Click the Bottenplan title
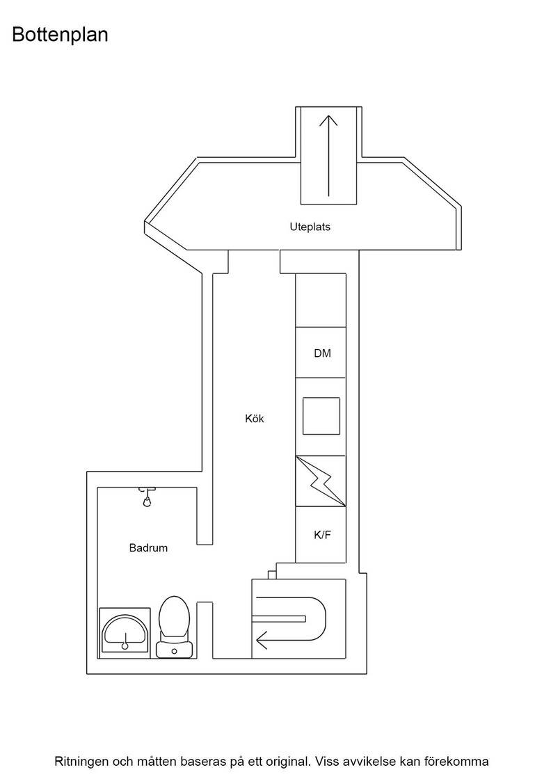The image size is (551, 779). click(60, 35)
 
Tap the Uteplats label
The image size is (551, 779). click(310, 227)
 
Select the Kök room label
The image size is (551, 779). click(255, 418)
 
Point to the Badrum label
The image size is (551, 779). click(148, 548)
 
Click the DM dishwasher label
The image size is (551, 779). click(322, 353)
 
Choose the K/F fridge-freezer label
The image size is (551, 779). click(322, 535)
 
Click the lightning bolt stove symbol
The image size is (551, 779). click(321, 481)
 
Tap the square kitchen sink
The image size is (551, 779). click(321, 416)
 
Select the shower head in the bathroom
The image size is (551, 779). click(147, 497)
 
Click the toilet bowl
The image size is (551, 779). click(174, 617)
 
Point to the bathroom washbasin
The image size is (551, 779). click(125, 632)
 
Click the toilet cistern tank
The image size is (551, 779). click(174, 648)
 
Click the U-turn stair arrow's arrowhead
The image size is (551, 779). click(261, 640)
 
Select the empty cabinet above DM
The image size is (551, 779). click(321, 300)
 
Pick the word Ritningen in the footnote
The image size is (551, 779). click(81, 761)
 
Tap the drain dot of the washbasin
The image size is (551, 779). click(125, 646)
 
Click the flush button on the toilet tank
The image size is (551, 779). click(174, 651)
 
